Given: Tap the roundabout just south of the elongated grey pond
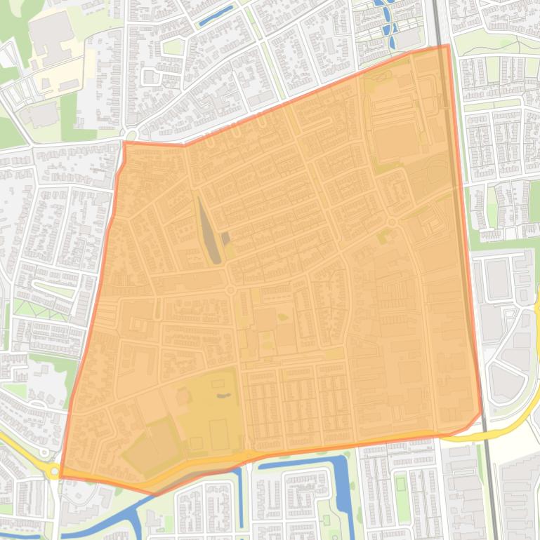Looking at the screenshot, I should (x=230, y=290).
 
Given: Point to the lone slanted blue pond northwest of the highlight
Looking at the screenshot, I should (x=216, y=15).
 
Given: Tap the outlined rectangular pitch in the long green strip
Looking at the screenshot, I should (x=401, y=483).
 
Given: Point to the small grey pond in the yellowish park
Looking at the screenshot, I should (x=223, y=397).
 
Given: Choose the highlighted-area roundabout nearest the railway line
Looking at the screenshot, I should (x=392, y=222).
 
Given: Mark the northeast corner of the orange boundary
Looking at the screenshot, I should (x=447, y=46).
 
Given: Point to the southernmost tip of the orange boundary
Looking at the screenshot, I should (x=155, y=494).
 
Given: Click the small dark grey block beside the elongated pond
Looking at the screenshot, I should (x=226, y=238).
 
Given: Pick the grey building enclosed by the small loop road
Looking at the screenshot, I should (x=150, y=76).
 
